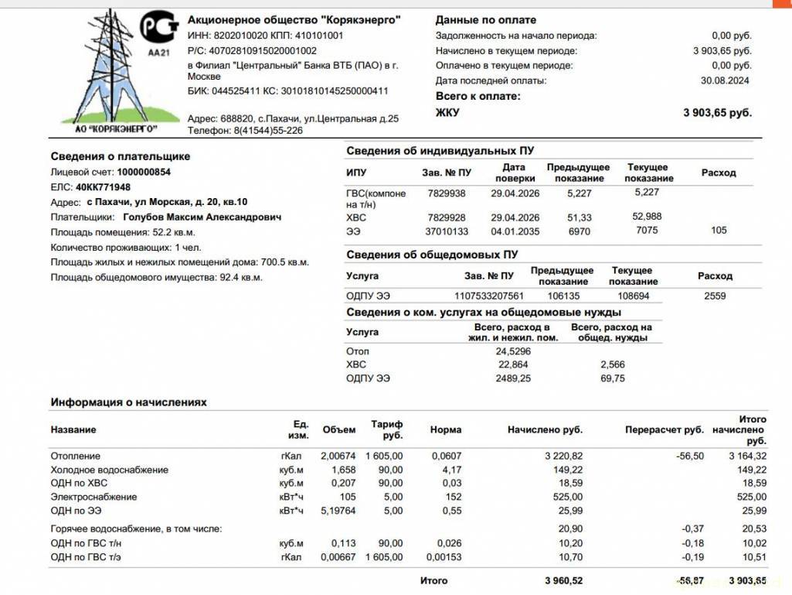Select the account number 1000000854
click(x=144, y=173)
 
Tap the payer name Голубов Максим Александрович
click(x=202, y=217)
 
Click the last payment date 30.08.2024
click(x=725, y=80)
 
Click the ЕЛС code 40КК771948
click(x=103, y=187)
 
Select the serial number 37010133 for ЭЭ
click(x=447, y=231)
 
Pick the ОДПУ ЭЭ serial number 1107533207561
click(x=489, y=296)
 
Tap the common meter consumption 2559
click(x=715, y=296)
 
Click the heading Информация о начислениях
click(x=129, y=402)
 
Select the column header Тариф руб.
click(x=387, y=430)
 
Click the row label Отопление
click(x=76, y=457)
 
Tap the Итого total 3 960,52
click(x=563, y=580)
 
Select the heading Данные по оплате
click(x=485, y=20)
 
